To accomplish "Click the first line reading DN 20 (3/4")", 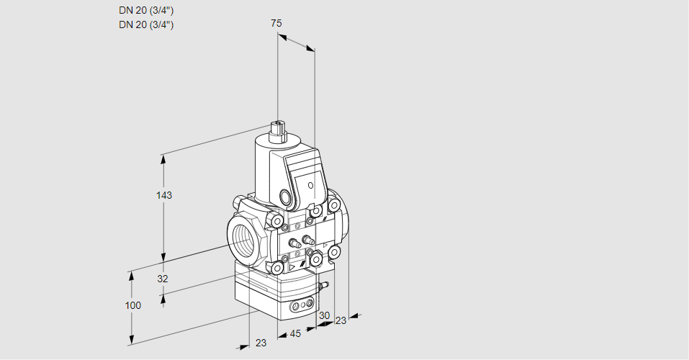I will coord(146,11).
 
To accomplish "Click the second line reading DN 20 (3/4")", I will coord(146,24).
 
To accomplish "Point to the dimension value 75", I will coord(276,23).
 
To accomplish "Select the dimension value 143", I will coord(165,195).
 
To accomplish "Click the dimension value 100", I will coord(132,305).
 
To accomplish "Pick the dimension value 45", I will coord(295,333).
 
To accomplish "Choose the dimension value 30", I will coord(324,315).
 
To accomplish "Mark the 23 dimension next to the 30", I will coord(341,320).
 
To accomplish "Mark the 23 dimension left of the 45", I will coord(261,343).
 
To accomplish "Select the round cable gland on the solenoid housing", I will coord(286,197).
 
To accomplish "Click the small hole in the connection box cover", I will coord(310,185).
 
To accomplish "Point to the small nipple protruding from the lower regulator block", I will coord(323,287).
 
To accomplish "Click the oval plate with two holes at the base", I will coord(302,307).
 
